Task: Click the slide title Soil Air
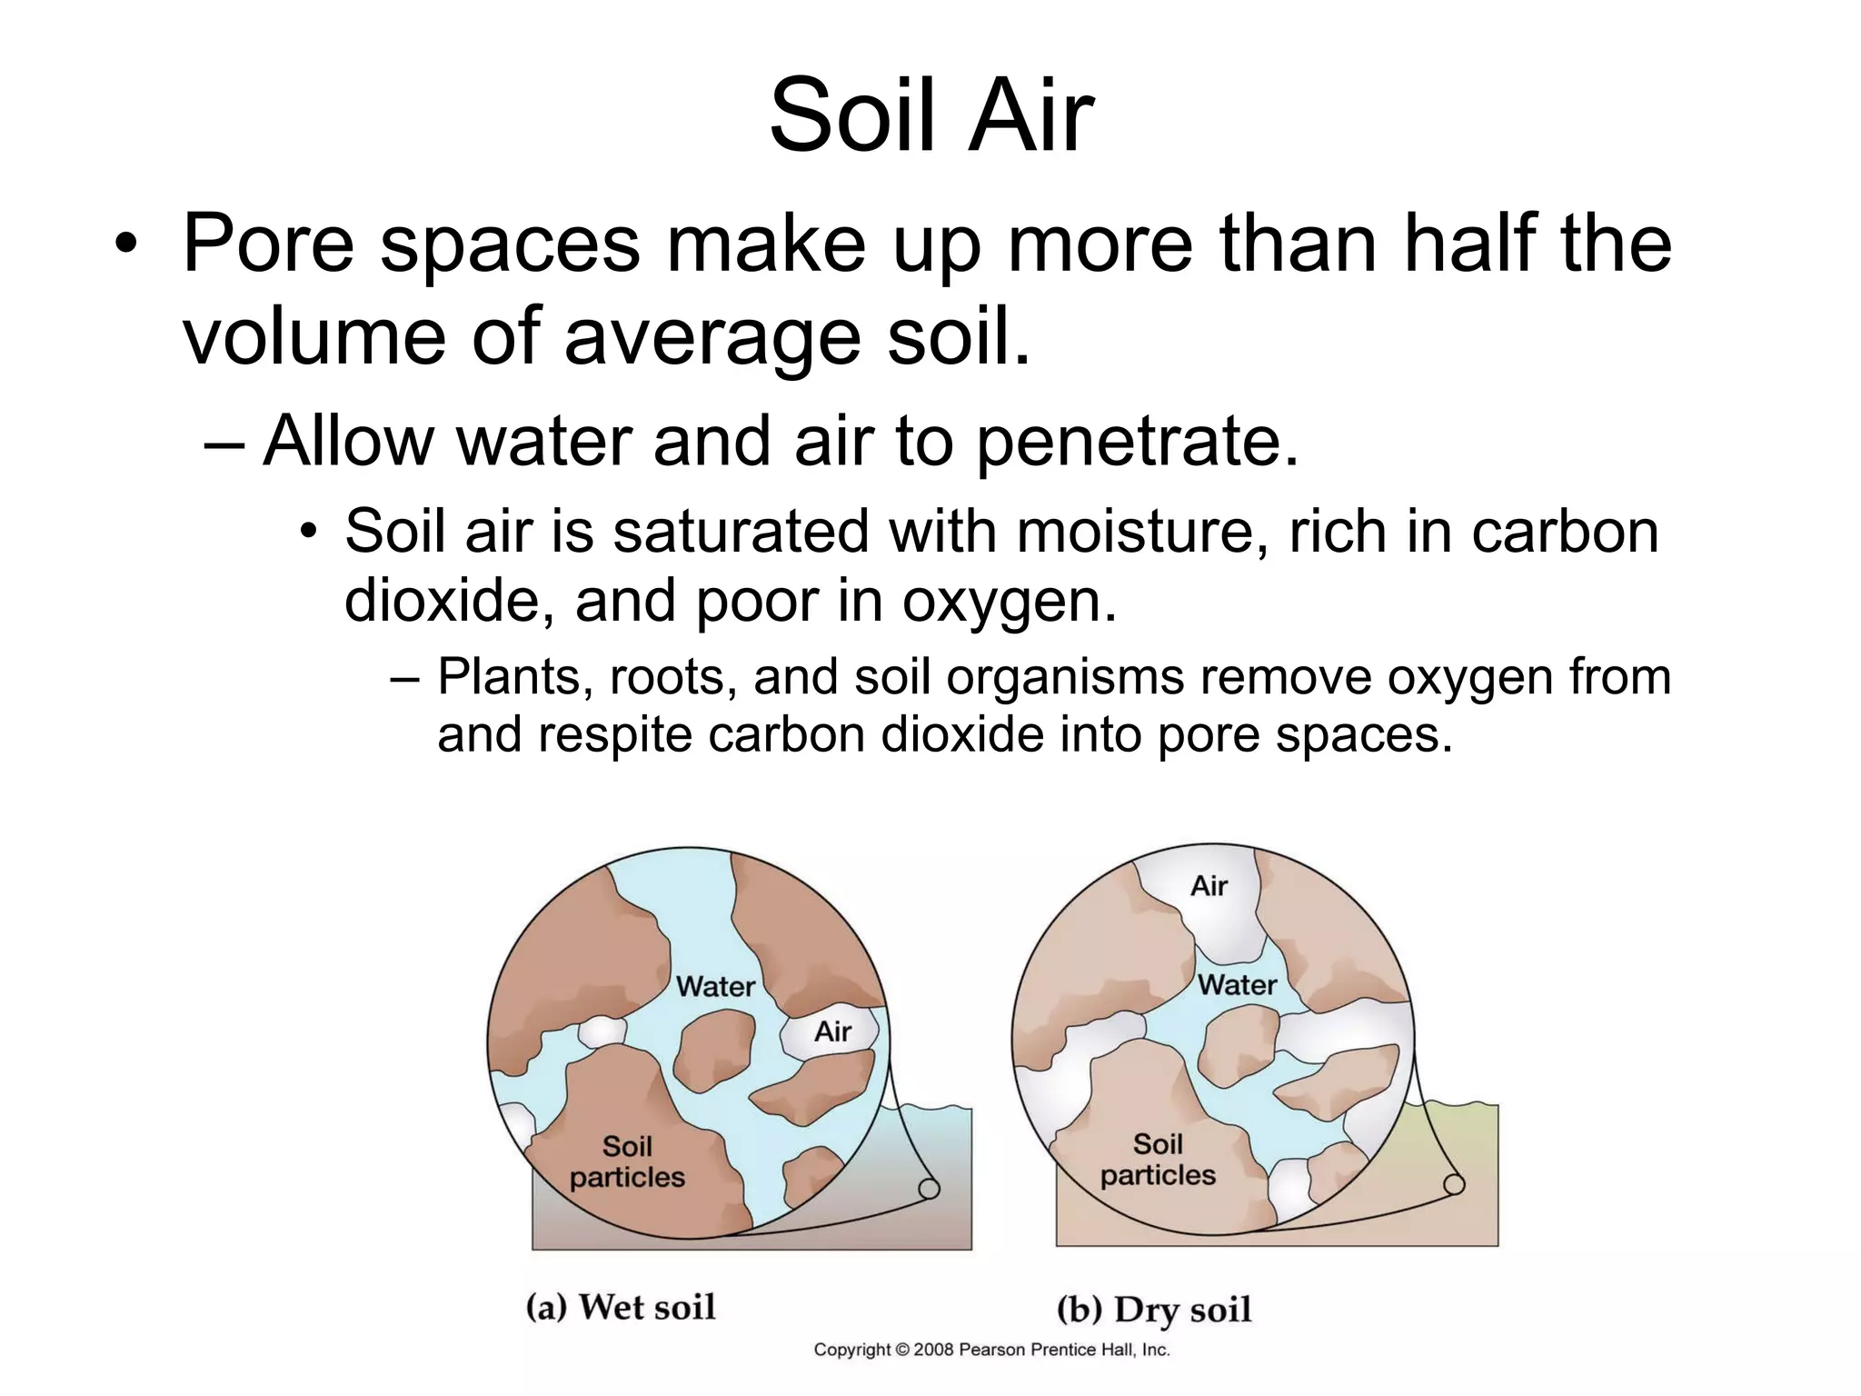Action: [x=930, y=116]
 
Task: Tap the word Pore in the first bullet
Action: [x=268, y=244]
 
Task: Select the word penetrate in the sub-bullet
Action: [x=1137, y=442]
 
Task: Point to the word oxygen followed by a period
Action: [x=1008, y=602]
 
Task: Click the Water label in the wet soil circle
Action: [x=715, y=987]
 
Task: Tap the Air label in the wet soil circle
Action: [x=832, y=1032]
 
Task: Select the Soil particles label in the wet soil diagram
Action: [x=627, y=1162]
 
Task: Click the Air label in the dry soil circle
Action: [x=1209, y=886]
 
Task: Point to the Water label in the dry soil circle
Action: [x=1237, y=985]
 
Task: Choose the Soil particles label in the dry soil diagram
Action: [x=1158, y=1160]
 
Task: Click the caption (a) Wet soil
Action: [x=622, y=1307]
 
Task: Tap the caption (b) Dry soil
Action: [x=1154, y=1310]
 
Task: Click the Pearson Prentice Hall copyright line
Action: [x=991, y=1350]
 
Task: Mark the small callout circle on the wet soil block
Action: [x=929, y=1189]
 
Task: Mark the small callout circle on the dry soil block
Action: [x=1454, y=1184]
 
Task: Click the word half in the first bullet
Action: [x=1468, y=244]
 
